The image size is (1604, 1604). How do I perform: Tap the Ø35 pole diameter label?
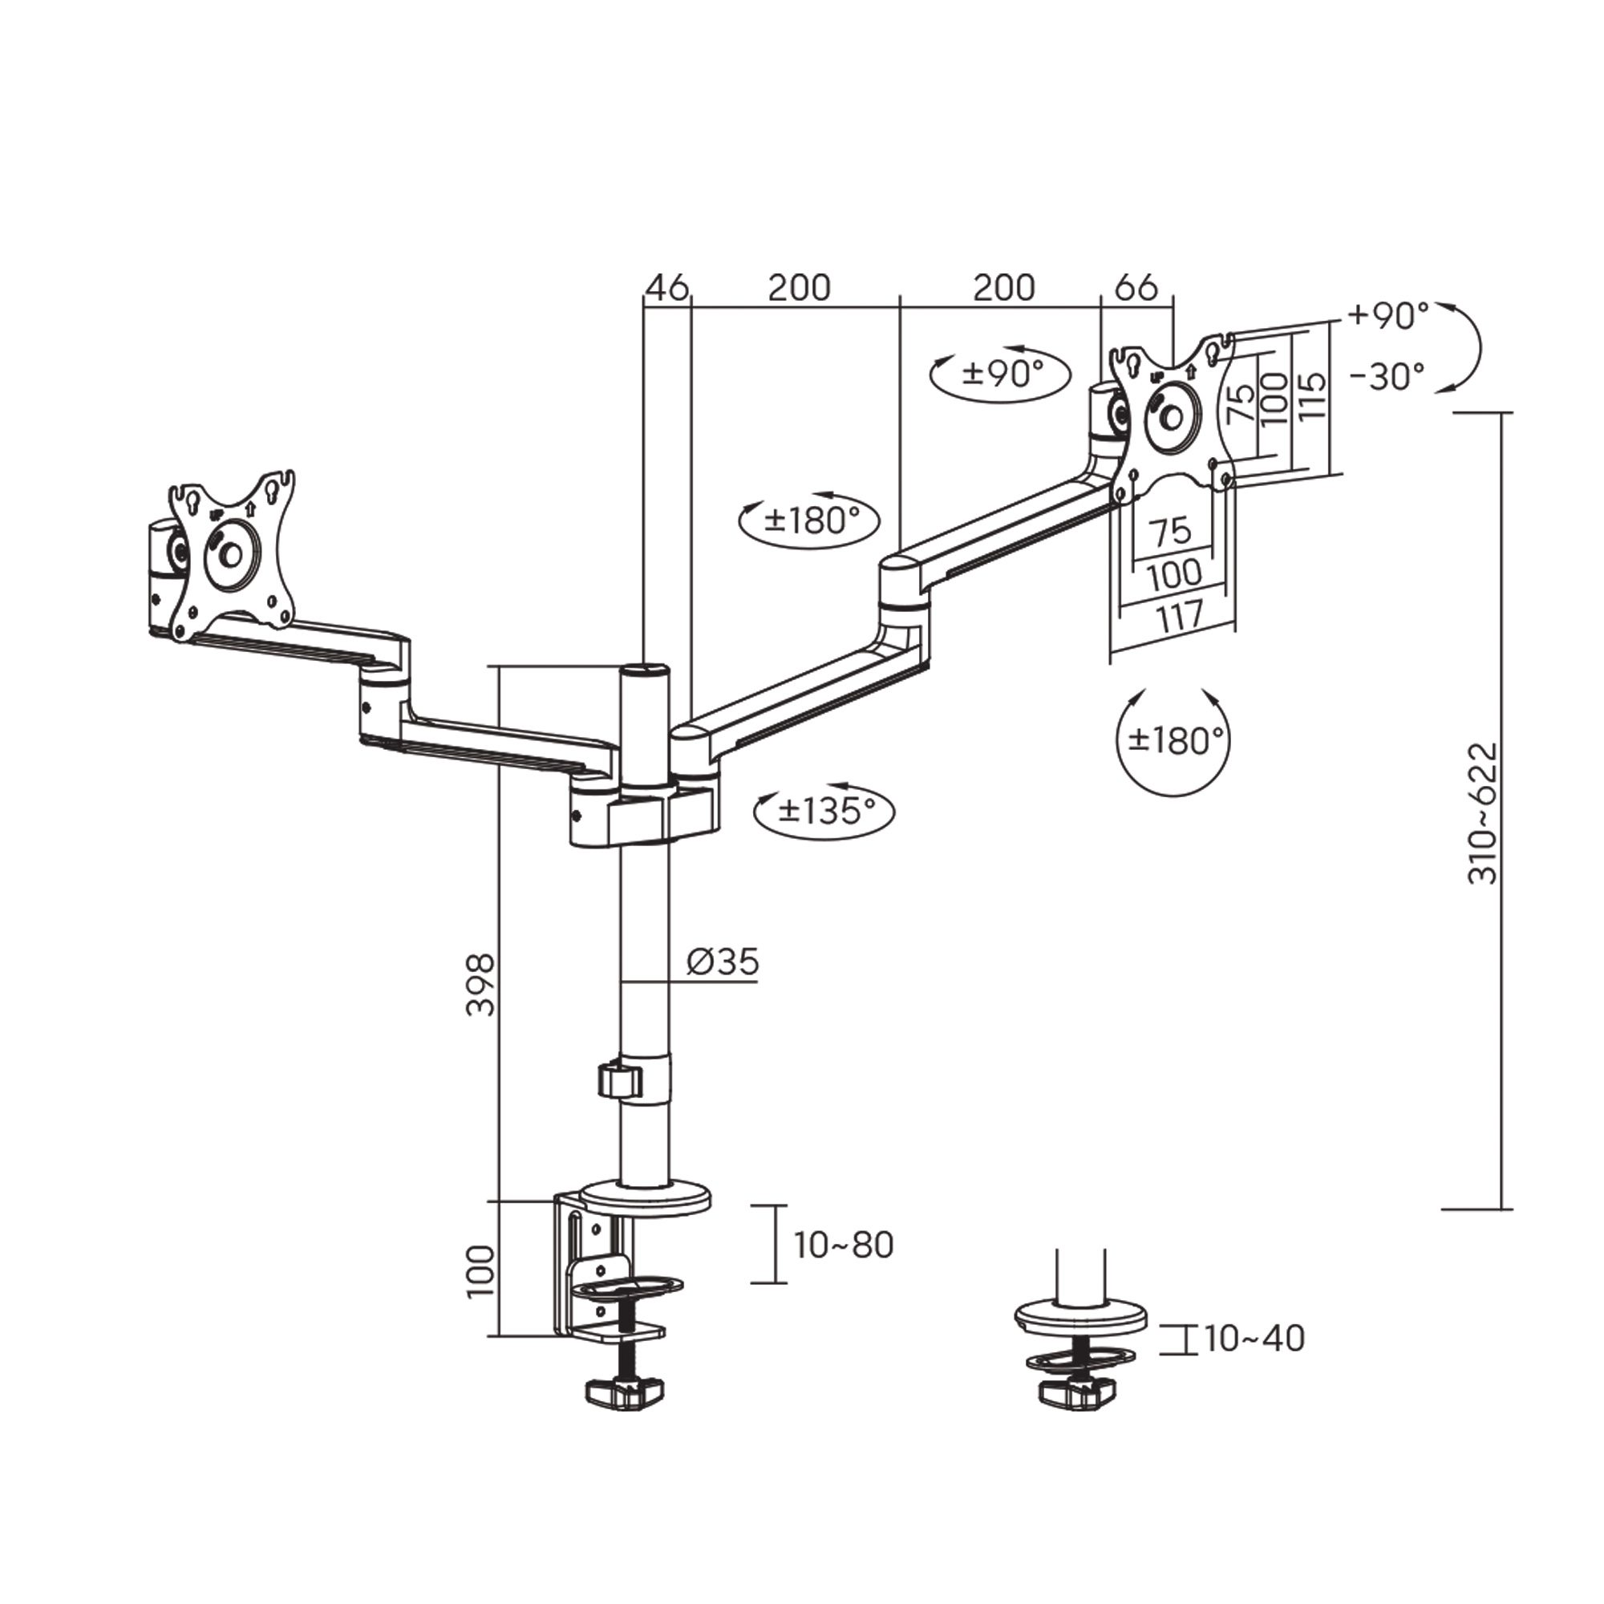tap(723, 962)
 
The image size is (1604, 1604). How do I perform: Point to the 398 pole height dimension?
tap(480, 986)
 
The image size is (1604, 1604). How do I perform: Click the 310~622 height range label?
tap(1483, 813)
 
